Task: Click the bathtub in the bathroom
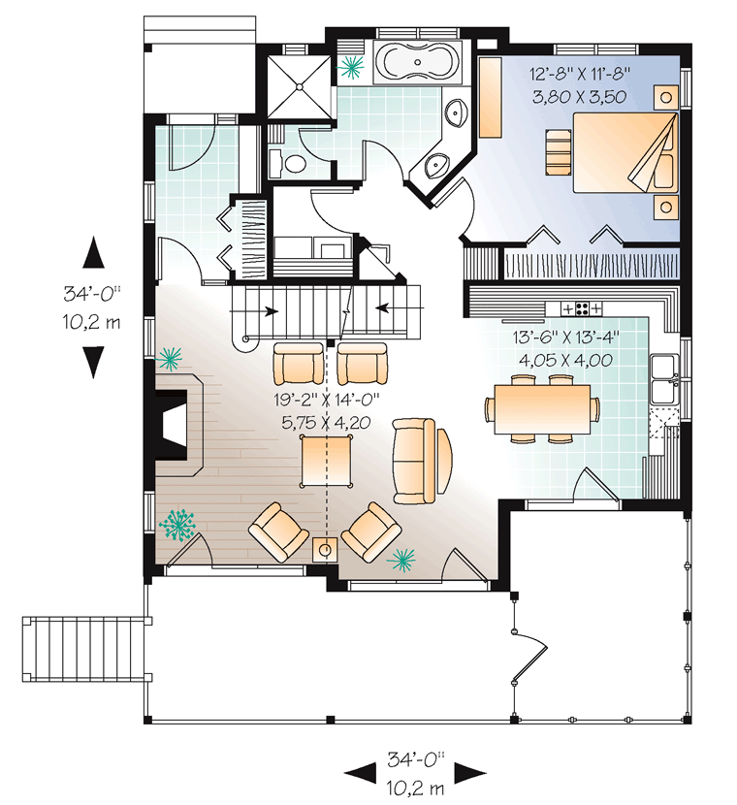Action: pyautogui.click(x=418, y=62)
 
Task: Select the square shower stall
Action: pyautogui.click(x=300, y=86)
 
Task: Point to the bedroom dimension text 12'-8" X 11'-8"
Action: pyautogui.click(x=580, y=75)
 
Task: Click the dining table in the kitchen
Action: pyautogui.click(x=542, y=408)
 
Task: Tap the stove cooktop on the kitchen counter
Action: pyautogui.click(x=582, y=308)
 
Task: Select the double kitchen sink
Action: pyautogui.click(x=664, y=379)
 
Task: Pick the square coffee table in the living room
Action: pyautogui.click(x=327, y=461)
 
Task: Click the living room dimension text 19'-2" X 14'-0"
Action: pyautogui.click(x=327, y=398)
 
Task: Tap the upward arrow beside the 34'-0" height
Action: pyautogui.click(x=93, y=253)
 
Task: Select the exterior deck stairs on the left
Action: pyautogui.click(x=87, y=650)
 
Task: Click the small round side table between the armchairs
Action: pyautogui.click(x=325, y=550)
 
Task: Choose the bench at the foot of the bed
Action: pyautogui.click(x=559, y=152)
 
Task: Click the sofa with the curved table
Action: pyautogui.click(x=415, y=461)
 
